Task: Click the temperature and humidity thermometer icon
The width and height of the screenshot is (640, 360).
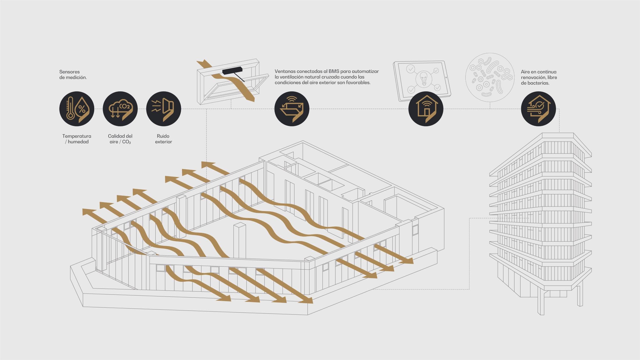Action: (x=77, y=109)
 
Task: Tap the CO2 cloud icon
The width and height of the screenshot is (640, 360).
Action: (x=120, y=109)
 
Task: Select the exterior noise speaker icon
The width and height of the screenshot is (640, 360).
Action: (x=164, y=109)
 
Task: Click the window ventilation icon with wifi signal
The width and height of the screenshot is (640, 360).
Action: (x=292, y=109)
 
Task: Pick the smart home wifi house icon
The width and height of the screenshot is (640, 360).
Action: (x=426, y=109)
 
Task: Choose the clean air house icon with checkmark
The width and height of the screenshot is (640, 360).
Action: (x=538, y=109)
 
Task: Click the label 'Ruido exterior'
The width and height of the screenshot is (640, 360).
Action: (x=163, y=139)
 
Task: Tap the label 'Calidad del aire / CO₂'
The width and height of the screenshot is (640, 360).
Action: (x=120, y=139)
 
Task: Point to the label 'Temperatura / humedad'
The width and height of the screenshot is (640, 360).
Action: (x=77, y=139)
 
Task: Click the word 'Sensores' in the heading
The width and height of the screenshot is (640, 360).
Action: (x=69, y=72)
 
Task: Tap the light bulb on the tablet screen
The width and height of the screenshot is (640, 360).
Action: (x=424, y=79)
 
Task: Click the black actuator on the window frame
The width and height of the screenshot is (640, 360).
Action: (x=232, y=70)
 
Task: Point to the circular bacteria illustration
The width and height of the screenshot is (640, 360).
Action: (x=490, y=77)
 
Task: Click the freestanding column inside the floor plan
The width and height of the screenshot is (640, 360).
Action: (x=240, y=241)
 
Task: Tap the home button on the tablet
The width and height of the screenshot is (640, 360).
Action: (x=446, y=78)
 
